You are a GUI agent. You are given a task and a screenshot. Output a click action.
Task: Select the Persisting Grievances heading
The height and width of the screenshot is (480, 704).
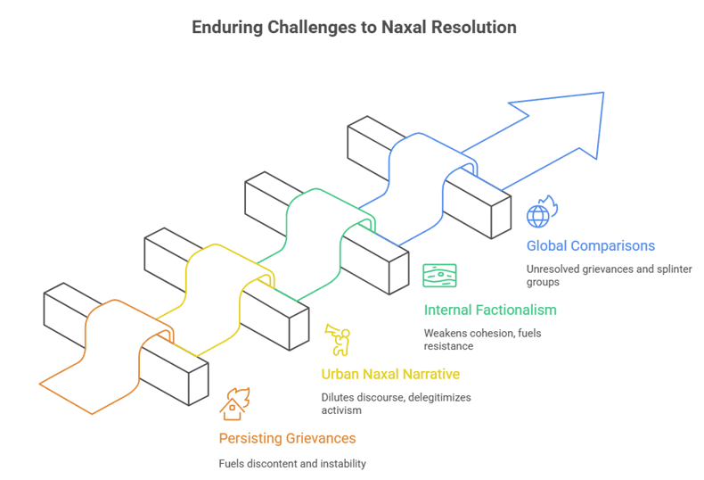(287, 438)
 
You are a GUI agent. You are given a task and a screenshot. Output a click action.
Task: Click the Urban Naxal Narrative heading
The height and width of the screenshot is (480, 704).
(390, 374)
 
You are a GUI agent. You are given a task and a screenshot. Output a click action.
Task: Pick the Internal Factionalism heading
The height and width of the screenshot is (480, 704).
(490, 310)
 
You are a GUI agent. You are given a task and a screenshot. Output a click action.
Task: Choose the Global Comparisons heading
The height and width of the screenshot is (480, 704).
(590, 246)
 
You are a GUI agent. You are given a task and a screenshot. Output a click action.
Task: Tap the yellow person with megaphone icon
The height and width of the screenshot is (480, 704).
(338, 340)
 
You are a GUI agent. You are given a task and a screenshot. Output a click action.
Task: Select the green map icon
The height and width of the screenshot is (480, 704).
(439, 276)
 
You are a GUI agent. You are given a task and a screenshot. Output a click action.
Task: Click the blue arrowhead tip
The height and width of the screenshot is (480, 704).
(602, 95)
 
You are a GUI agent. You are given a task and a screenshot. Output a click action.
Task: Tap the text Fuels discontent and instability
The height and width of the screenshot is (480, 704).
(292, 463)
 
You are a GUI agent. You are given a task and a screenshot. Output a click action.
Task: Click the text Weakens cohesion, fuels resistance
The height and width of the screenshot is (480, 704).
(482, 340)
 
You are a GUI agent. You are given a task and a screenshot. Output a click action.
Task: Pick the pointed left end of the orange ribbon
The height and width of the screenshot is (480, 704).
(42, 385)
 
